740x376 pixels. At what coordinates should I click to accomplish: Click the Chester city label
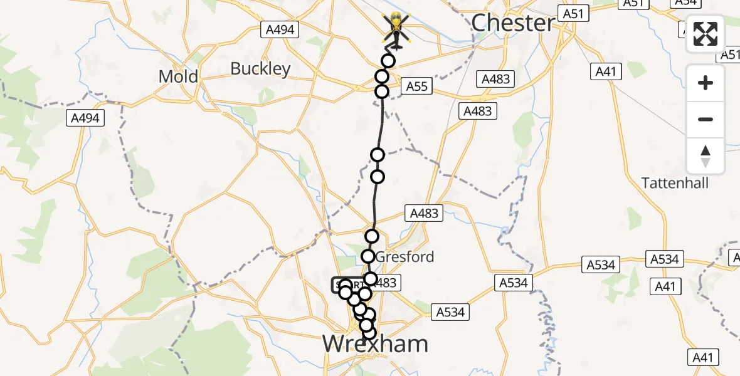(x=512, y=23)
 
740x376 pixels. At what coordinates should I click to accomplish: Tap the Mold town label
(x=178, y=77)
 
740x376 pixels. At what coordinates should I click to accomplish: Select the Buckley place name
(x=260, y=68)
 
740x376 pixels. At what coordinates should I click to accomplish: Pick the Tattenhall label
(x=675, y=183)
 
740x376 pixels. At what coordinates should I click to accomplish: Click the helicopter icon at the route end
(x=396, y=30)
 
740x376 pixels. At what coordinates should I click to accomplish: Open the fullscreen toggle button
(x=706, y=34)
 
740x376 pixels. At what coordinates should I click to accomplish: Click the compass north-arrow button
(x=706, y=156)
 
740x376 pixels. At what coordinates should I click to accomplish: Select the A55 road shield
(x=416, y=86)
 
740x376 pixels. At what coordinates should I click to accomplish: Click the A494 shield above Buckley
(x=280, y=29)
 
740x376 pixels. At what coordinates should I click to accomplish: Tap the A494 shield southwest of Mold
(x=85, y=117)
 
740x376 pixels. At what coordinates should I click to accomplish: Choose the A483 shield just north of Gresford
(x=424, y=213)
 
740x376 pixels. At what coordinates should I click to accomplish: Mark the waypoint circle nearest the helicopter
(x=388, y=61)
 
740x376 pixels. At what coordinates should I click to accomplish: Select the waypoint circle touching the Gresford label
(x=368, y=256)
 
